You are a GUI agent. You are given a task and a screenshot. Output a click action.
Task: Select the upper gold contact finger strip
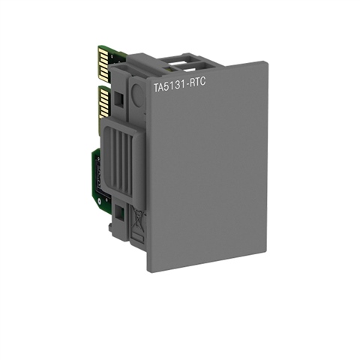(x=103, y=63)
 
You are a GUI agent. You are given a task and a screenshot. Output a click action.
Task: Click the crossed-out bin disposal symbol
(x=138, y=217)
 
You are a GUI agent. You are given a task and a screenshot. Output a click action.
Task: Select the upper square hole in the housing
(x=118, y=98)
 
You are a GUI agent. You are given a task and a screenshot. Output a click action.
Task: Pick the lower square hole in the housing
(x=120, y=211)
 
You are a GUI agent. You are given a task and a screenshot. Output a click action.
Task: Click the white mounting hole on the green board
(x=99, y=200)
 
